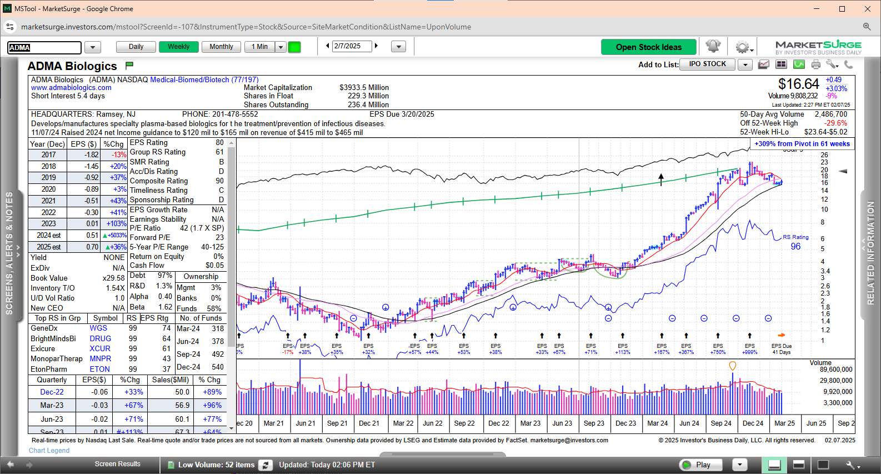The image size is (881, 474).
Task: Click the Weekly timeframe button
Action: (179, 47)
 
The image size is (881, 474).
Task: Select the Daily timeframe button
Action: (136, 47)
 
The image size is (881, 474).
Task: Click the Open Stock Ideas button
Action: (648, 47)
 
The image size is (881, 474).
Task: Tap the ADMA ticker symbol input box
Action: (44, 48)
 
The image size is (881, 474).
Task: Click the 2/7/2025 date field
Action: (352, 46)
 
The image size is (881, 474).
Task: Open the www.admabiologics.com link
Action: (71, 88)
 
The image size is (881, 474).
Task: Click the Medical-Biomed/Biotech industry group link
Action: (204, 79)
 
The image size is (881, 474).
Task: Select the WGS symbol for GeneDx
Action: (98, 328)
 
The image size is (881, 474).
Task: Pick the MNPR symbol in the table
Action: (101, 359)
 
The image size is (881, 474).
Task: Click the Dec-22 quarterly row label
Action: (52, 392)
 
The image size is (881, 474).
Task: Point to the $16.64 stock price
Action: (798, 84)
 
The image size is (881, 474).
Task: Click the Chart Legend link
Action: (49, 451)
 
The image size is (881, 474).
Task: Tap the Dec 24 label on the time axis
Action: (753, 423)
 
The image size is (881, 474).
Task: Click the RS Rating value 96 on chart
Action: (795, 246)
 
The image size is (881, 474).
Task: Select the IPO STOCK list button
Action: (707, 64)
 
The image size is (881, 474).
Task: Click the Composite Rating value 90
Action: (219, 181)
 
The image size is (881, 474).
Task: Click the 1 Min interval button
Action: (259, 47)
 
